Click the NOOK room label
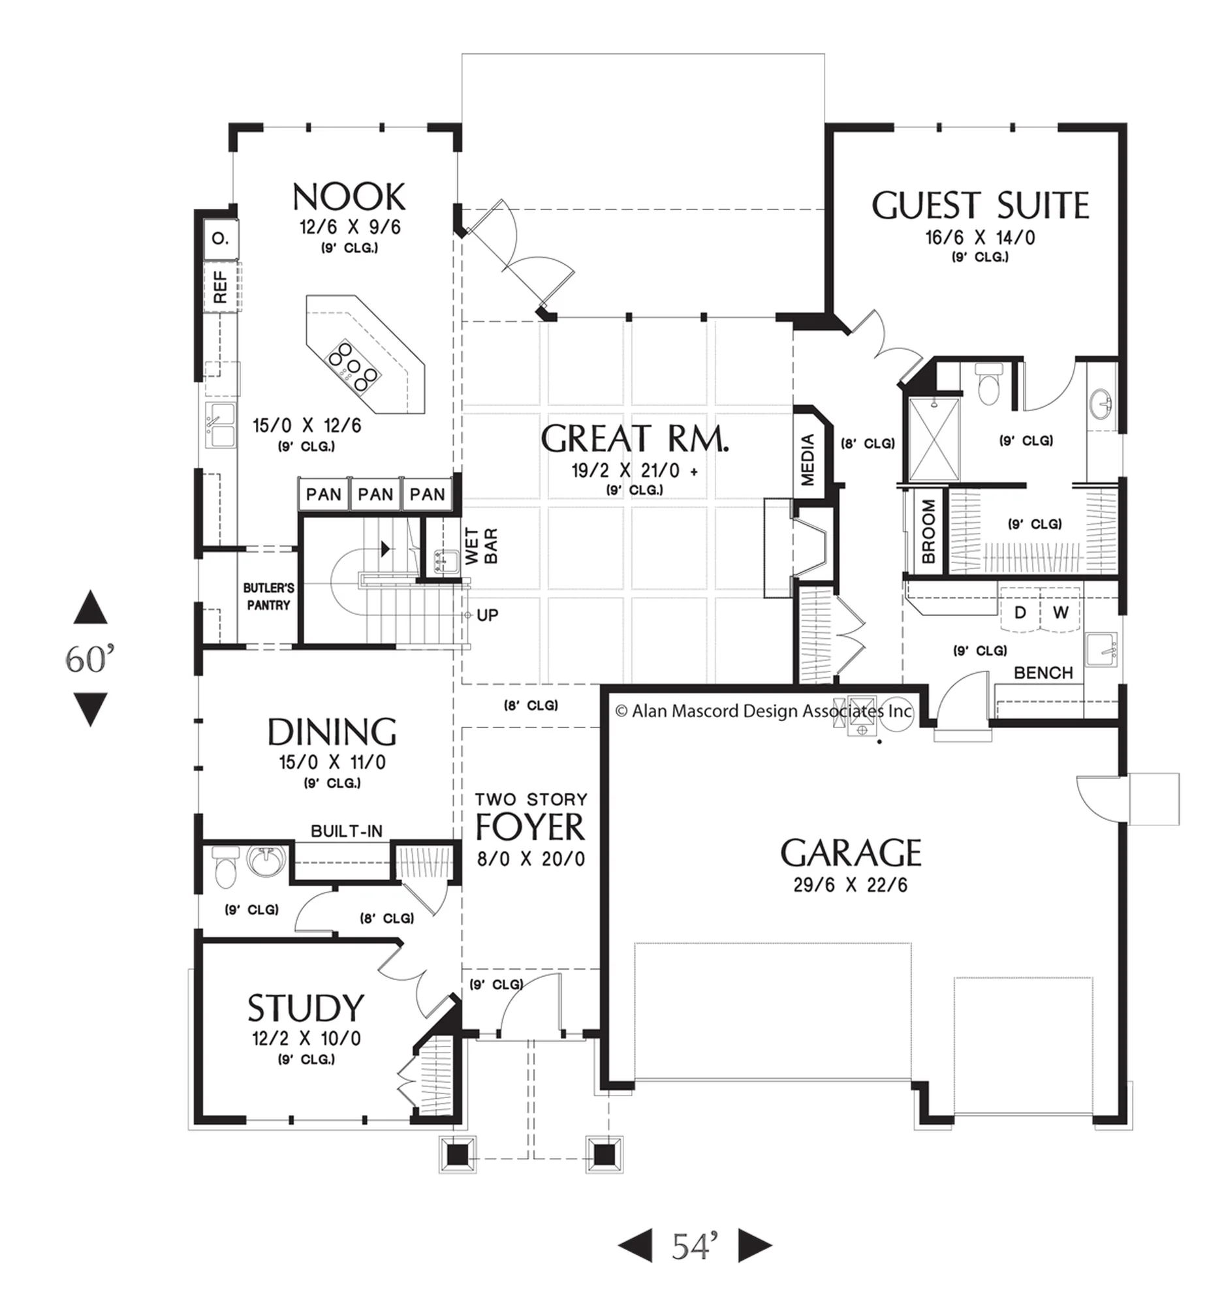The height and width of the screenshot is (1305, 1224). pyautogui.click(x=349, y=197)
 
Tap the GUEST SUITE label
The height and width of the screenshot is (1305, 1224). pyautogui.click(x=980, y=206)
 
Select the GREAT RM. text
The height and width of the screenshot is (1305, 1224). pyautogui.click(x=635, y=439)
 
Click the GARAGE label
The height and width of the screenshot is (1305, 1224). pyautogui.click(x=851, y=853)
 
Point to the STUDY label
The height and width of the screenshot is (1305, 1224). pyautogui.click(x=306, y=1009)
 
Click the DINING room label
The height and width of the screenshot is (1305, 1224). pyautogui.click(x=332, y=732)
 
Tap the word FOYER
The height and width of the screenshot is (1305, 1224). pyautogui.click(x=530, y=828)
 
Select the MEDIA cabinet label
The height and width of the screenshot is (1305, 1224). pyautogui.click(x=808, y=459)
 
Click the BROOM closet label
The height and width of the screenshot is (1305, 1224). pyautogui.click(x=928, y=532)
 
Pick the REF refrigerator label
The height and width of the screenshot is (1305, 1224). pyautogui.click(x=221, y=287)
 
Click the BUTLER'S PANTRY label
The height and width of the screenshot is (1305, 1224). pyautogui.click(x=268, y=596)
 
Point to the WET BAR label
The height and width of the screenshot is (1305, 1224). pyautogui.click(x=481, y=546)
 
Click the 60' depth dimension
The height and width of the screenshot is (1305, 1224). pyautogui.click(x=90, y=660)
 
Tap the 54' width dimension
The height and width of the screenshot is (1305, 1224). pyautogui.click(x=694, y=1246)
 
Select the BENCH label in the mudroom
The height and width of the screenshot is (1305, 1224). pyautogui.click(x=1043, y=673)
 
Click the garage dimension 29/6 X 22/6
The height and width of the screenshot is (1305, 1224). pyautogui.click(x=851, y=885)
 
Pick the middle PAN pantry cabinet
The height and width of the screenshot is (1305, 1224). pyautogui.click(x=375, y=495)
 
